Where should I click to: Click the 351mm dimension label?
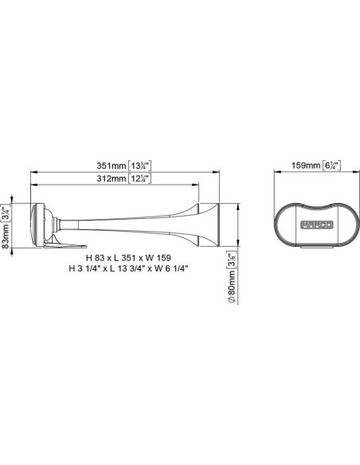point(112,165)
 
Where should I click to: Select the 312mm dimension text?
point(112,179)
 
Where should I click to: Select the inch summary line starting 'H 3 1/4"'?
point(132,269)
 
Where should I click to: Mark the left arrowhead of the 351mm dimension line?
point(33,171)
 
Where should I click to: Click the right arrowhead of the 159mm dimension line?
point(351,171)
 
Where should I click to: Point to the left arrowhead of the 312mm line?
point(33,186)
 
